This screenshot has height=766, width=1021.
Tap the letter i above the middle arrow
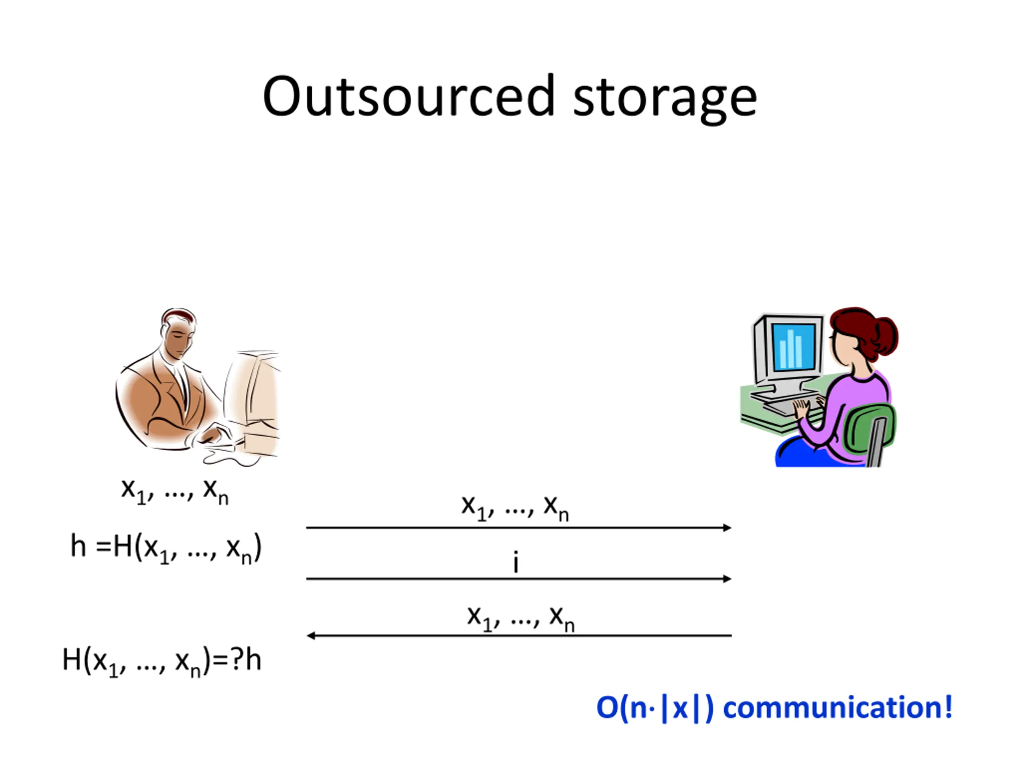pyautogui.click(x=516, y=563)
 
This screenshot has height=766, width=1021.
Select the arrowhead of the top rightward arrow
pyautogui.click(x=727, y=527)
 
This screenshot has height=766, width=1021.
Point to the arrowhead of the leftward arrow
pyautogui.click(x=311, y=636)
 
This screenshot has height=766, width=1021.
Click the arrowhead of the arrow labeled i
pyautogui.click(x=727, y=578)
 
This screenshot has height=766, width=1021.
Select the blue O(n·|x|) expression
pyautogui.click(x=654, y=707)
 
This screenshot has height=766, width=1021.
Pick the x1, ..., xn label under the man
pyautogui.click(x=174, y=490)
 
